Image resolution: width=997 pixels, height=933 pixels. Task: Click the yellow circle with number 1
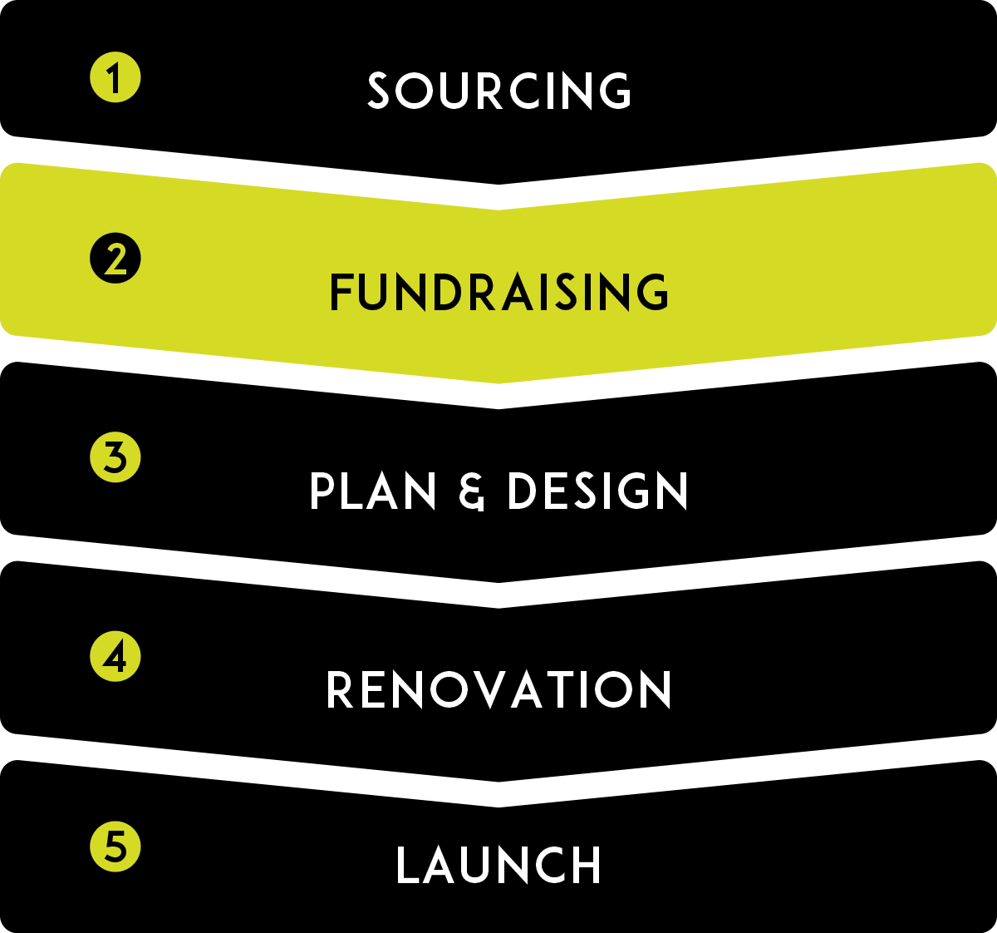pos(115,78)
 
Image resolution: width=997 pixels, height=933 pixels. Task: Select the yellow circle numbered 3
pos(115,457)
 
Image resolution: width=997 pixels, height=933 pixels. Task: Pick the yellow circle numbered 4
pos(115,656)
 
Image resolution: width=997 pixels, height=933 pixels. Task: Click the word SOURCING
pos(499,91)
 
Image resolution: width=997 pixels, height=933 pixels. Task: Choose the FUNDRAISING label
pos(499,292)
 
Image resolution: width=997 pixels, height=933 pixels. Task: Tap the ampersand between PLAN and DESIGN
pos(471,491)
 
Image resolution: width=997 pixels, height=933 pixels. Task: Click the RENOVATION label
pos(499,690)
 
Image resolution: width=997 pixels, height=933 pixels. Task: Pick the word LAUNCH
pos(499,866)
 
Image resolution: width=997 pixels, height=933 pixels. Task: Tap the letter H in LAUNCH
pos(582,866)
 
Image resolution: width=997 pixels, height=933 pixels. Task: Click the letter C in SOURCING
pos(520,91)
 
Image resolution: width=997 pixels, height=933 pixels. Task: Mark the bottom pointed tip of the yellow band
pos(498,383)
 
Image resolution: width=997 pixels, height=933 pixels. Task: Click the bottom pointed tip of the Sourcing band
pos(498,184)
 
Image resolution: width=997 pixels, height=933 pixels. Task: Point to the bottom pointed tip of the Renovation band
pos(498,781)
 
